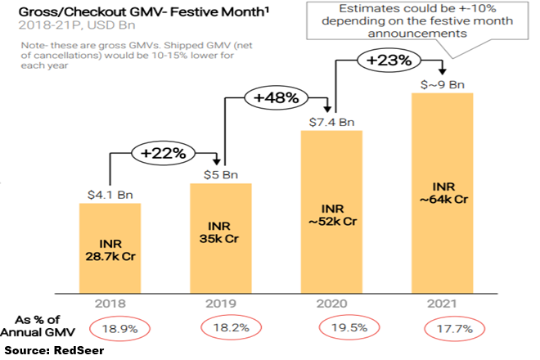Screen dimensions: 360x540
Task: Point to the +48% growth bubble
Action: point(276,98)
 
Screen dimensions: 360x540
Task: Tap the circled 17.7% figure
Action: point(455,328)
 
